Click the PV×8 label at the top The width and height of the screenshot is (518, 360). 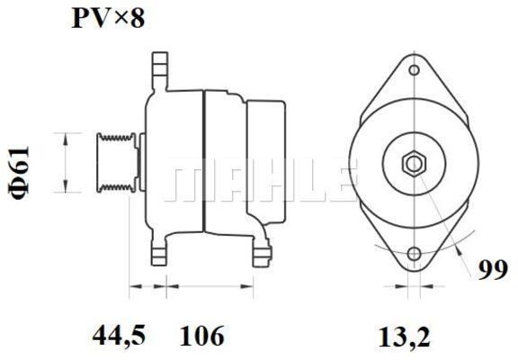pos(108,19)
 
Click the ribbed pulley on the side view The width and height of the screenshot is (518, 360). pos(114,162)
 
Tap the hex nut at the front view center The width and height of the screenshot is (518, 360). pos(414,163)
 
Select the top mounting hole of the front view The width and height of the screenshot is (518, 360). pos(415,69)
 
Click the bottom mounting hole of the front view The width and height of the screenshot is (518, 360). pos(415,255)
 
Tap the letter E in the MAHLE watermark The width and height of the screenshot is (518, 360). pos(334,183)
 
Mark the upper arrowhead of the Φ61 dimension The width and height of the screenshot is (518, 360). pos(66,136)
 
